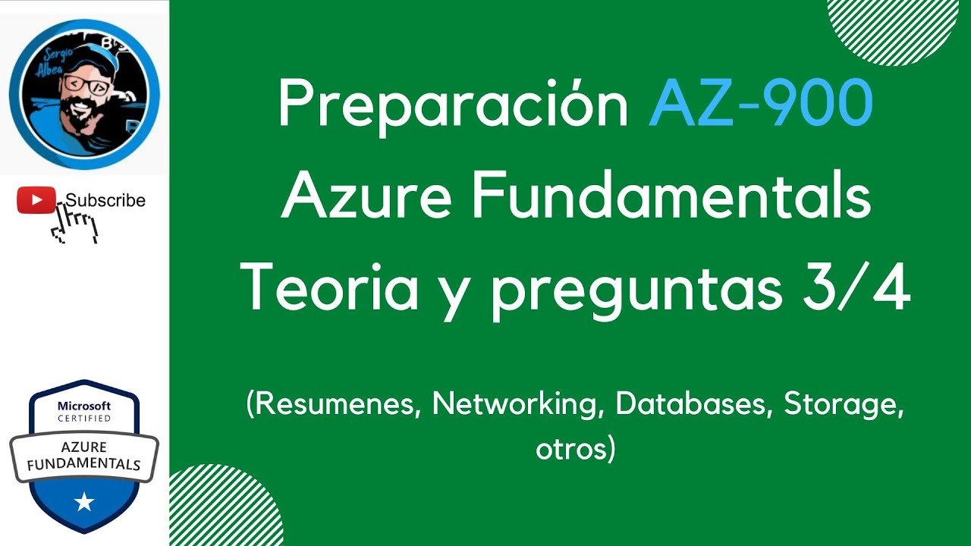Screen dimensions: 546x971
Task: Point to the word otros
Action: tap(574, 448)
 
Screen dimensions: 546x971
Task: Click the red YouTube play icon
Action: tap(36, 200)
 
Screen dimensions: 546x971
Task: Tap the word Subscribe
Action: tap(105, 200)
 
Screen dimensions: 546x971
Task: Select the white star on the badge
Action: tap(84, 501)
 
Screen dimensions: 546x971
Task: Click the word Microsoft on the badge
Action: tap(84, 406)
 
